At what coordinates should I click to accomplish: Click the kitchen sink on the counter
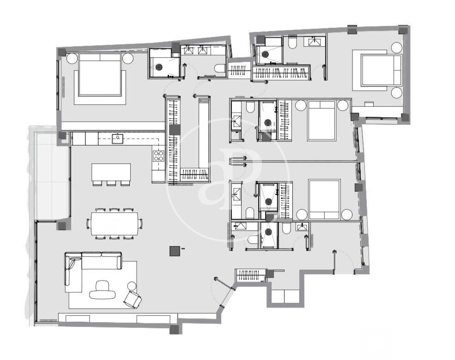(118, 138)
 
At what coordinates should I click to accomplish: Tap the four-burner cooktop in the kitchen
(158, 156)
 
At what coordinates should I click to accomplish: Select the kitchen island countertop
(111, 172)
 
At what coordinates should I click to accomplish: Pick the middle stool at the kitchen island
(111, 183)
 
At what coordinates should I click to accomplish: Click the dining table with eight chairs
(115, 223)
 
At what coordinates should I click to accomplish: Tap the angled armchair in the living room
(133, 300)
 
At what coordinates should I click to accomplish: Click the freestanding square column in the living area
(175, 251)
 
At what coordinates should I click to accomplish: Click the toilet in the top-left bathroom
(220, 68)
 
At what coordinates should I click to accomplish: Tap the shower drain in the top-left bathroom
(159, 67)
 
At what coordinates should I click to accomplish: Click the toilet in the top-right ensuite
(292, 42)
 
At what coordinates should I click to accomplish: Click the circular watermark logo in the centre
(228, 180)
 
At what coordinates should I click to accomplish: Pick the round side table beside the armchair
(132, 286)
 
